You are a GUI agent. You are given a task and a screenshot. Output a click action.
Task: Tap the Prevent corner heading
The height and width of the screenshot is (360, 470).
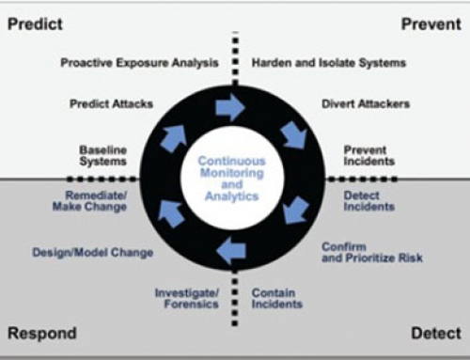[431, 23]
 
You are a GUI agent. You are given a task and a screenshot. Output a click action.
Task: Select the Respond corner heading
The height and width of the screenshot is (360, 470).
[42, 334]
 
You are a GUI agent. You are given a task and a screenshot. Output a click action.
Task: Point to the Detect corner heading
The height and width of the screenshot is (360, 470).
[435, 334]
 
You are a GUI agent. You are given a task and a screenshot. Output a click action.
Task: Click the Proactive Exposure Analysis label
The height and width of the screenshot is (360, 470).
[140, 63]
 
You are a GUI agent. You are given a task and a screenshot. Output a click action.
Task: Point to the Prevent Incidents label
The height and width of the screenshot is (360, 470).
[366, 154]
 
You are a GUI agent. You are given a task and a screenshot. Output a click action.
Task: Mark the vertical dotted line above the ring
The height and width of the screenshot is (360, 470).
[234, 56]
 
